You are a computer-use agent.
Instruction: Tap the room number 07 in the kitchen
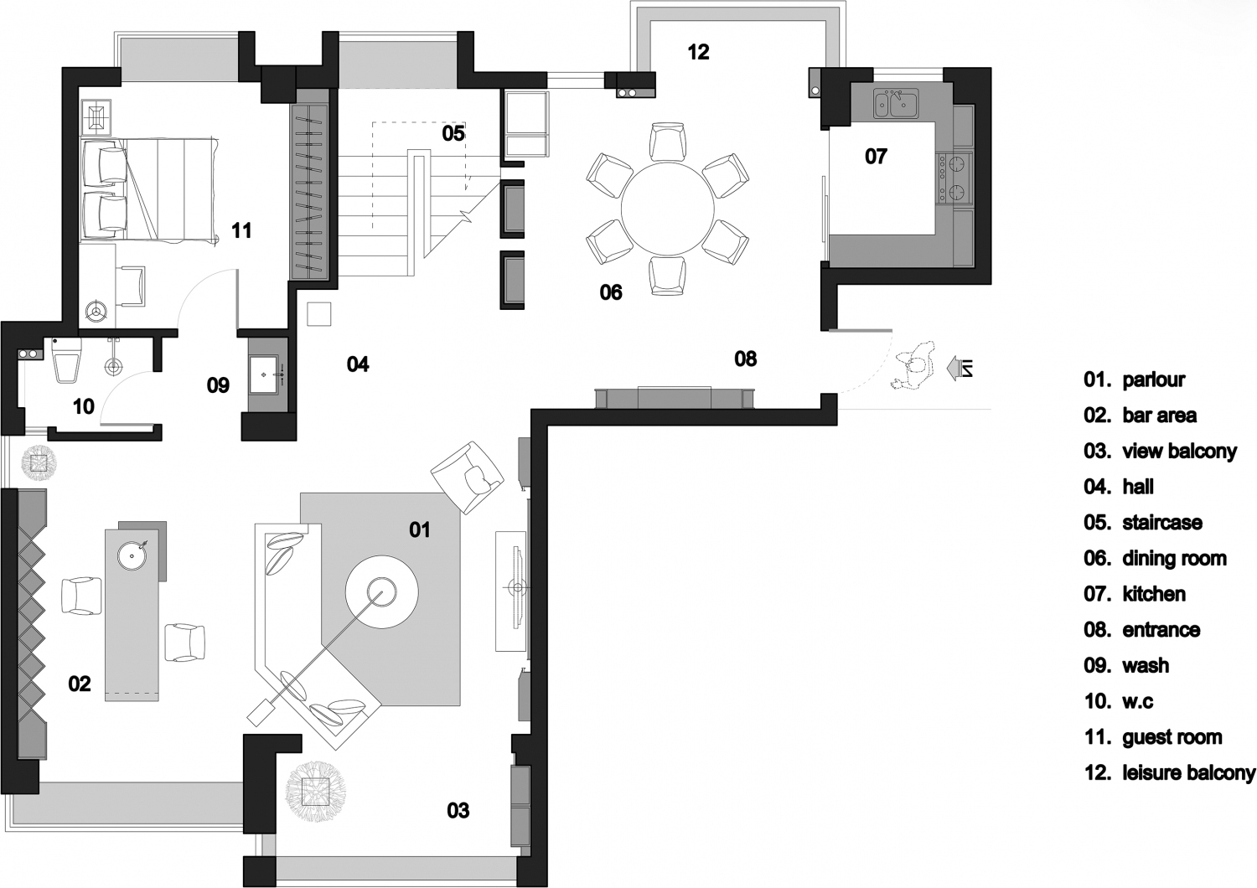tap(876, 157)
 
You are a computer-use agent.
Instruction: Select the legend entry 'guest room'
tap(1172, 736)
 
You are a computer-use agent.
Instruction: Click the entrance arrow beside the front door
tap(959, 368)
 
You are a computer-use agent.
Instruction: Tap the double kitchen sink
tap(895, 104)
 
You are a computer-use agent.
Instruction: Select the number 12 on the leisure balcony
tap(699, 52)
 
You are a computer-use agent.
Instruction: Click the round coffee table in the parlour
tap(381, 591)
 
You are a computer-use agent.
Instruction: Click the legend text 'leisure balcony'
tap(1189, 772)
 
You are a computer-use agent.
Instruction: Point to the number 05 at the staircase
tap(453, 133)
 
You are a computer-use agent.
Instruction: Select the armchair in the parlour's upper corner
tap(467, 478)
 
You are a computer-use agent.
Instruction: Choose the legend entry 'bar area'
tap(1159, 416)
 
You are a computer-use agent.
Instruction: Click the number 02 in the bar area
tap(80, 684)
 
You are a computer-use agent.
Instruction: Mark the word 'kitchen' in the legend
tap(1154, 593)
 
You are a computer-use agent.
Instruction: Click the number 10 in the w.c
tap(84, 406)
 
